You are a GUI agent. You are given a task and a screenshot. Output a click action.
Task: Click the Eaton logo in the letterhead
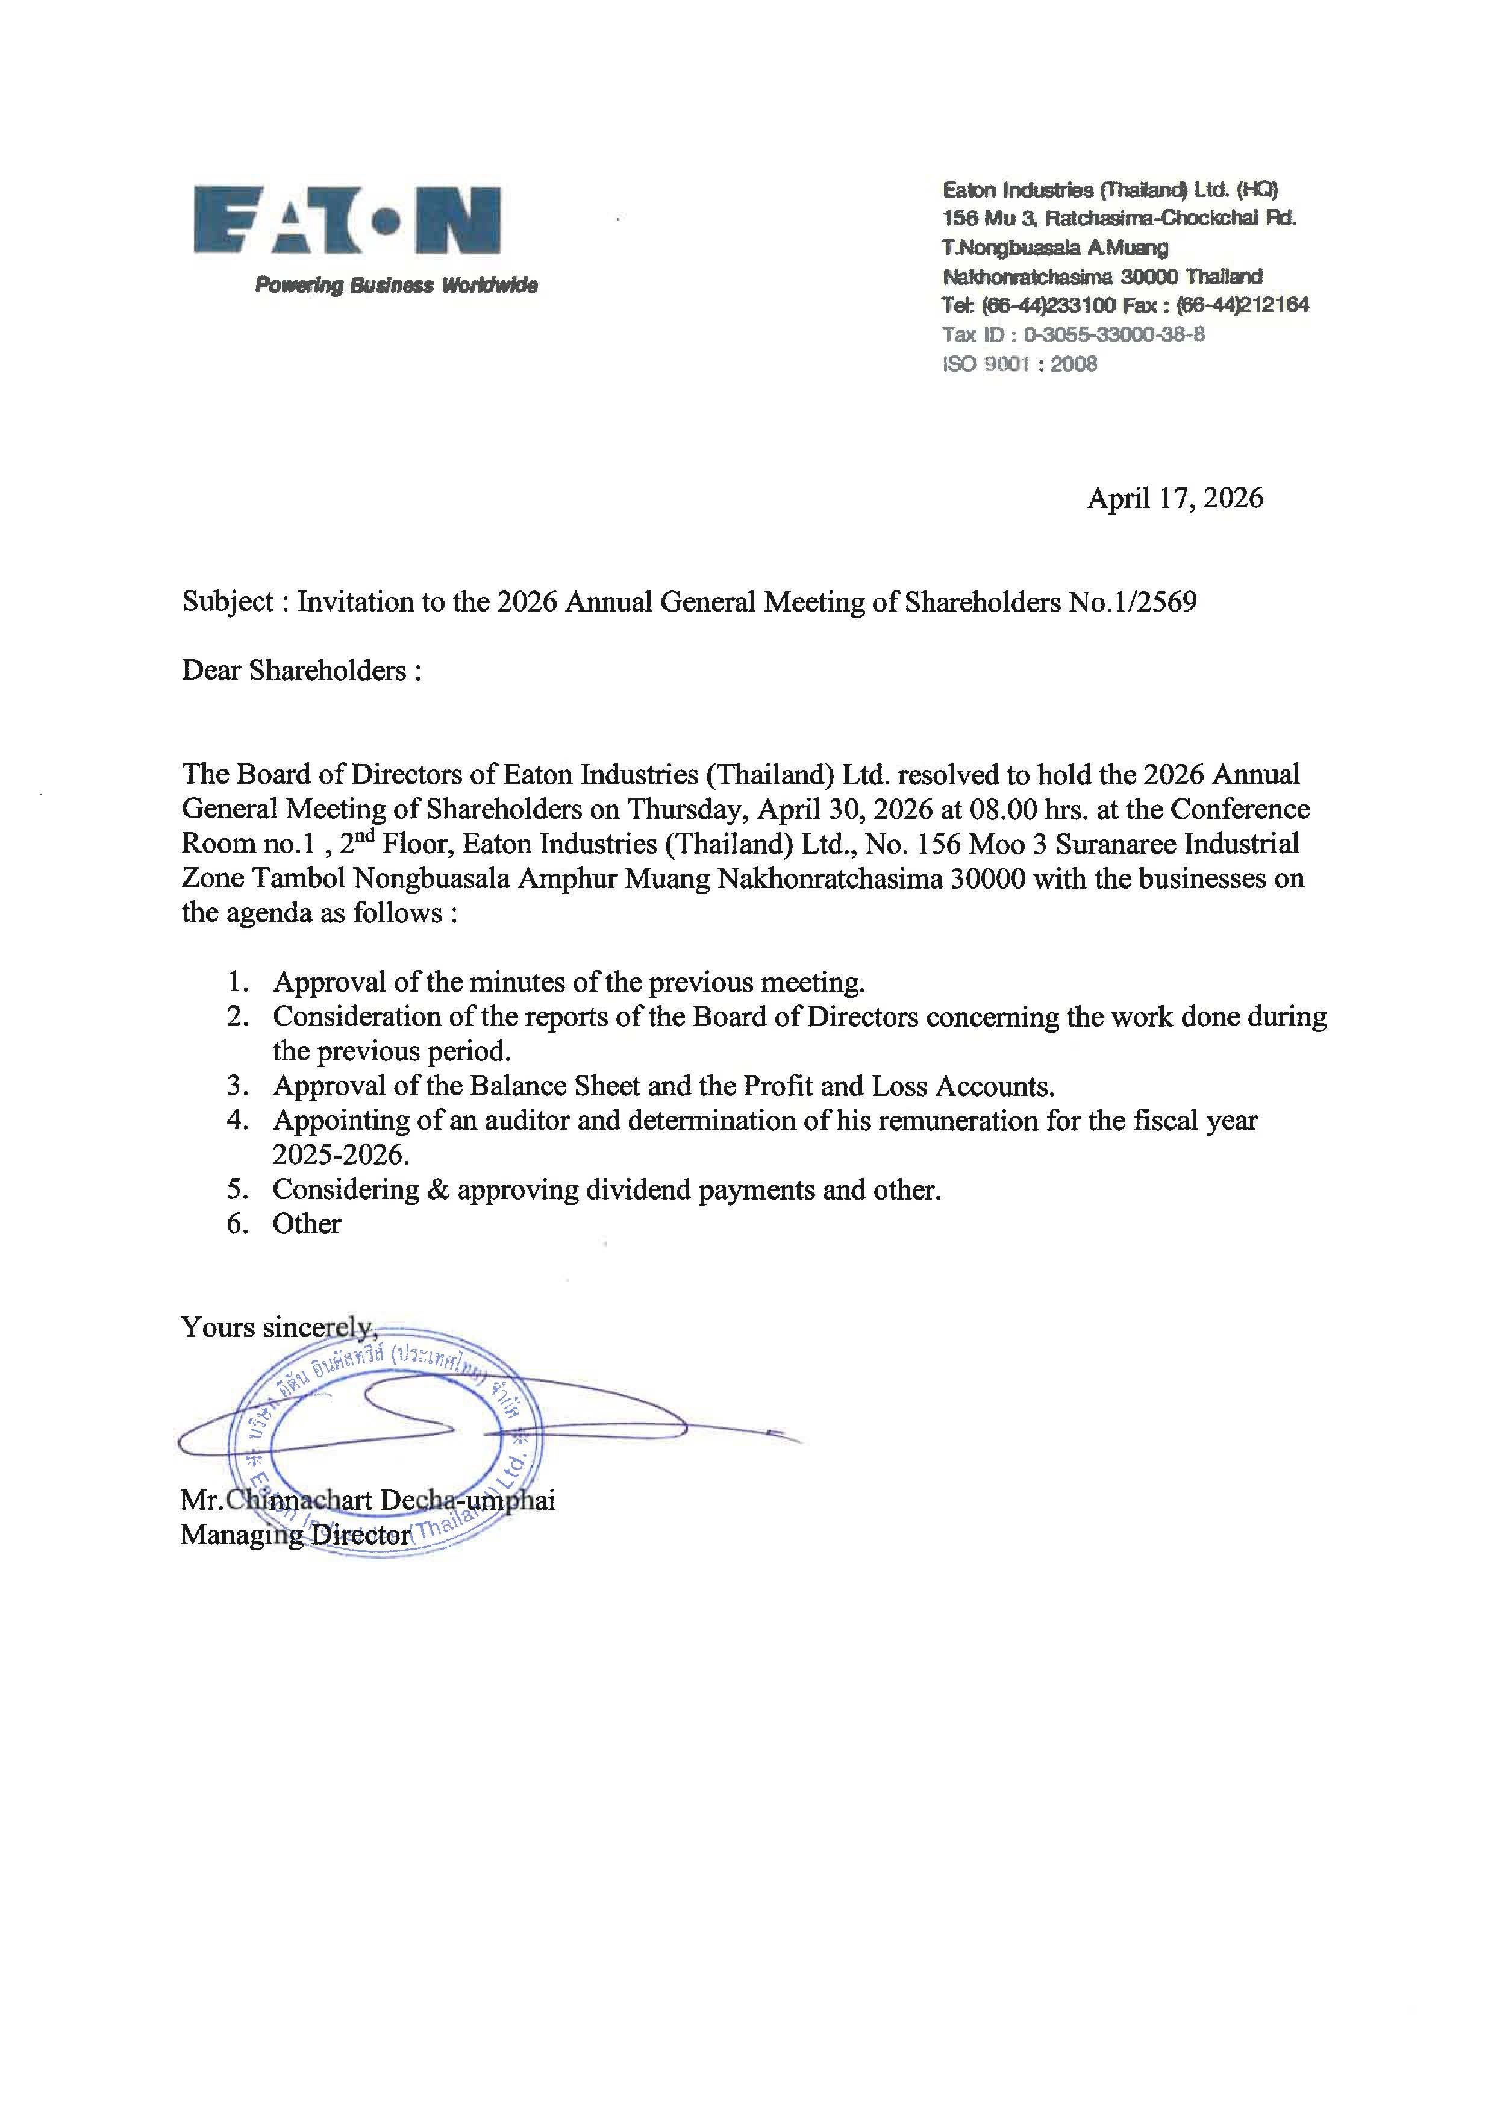click(348, 221)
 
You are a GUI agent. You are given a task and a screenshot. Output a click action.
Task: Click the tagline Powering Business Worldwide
click(396, 286)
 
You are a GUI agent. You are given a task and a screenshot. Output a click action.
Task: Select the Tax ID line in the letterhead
click(1073, 334)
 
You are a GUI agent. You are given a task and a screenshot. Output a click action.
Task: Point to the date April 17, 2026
click(1175, 499)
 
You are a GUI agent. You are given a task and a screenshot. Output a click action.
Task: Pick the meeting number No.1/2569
click(1133, 602)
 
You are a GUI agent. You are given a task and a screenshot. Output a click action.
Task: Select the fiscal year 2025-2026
click(340, 1155)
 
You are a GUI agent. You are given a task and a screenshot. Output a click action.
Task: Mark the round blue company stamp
click(384, 1442)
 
